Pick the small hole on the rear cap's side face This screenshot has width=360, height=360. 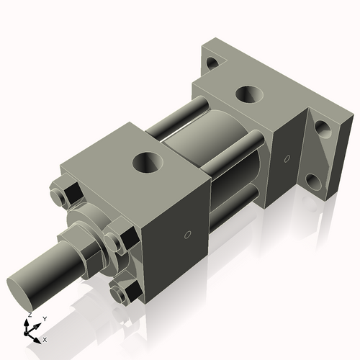click(286, 158)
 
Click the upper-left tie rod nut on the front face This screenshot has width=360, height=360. click(63, 194)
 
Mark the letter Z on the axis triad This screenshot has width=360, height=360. click(29, 315)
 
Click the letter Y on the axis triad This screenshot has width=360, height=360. click(45, 318)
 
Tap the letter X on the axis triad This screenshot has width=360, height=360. click(45, 338)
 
